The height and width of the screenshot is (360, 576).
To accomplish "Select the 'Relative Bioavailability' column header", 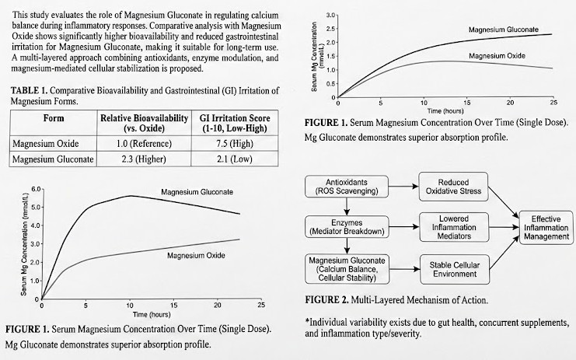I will pyautogui.click(x=145, y=122).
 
